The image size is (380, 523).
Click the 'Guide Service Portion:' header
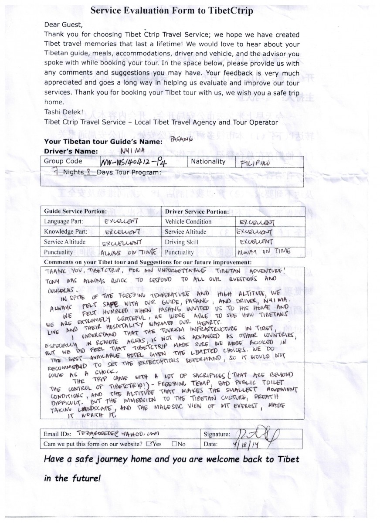pos(73,211)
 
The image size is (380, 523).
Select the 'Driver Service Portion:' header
pos(197,211)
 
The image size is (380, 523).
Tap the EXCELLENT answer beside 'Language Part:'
pos(122,221)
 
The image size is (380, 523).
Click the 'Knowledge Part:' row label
pos(65,231)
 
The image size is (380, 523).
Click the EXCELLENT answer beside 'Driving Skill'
pos(256,241)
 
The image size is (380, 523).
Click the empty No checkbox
pos(174,444)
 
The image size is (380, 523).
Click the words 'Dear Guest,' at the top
pos(63,24)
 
